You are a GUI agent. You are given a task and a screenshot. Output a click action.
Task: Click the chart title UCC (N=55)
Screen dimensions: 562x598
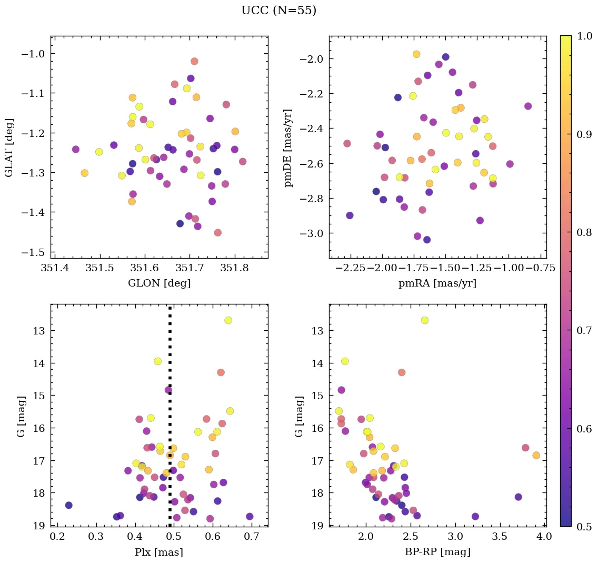click(x=278, y=11)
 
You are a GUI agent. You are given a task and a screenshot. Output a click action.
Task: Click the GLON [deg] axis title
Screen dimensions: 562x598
click(x=159, y=283)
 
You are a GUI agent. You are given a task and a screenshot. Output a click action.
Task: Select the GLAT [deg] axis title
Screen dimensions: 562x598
click(x=9, y=147)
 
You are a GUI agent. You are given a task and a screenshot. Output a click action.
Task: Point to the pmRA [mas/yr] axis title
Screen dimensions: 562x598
click(x=437, y=283)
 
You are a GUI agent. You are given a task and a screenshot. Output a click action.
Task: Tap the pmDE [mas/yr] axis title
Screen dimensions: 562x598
click(x=288, y=147)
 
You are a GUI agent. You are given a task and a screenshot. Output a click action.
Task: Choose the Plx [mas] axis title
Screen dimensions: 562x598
click(x=159, y=552)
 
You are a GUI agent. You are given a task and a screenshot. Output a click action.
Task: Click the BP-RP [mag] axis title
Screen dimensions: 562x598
click(x=437, y=552)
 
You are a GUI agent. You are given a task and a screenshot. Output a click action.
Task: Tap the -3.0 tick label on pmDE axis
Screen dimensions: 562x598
click(x=311, y=233)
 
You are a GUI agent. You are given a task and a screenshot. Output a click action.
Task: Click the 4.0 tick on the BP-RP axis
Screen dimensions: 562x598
click(x=544, y=537)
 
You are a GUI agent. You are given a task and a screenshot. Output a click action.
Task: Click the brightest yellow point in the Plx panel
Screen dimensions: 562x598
click(x=228, y=320)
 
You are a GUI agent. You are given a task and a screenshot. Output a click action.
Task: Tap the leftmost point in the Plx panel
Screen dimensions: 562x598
click(x=68, y=505)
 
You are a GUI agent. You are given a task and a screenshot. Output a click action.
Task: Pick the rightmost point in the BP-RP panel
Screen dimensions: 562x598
click(x=536, y=455)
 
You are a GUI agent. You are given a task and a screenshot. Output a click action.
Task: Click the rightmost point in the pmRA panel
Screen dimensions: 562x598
click(x=528, y=106)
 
